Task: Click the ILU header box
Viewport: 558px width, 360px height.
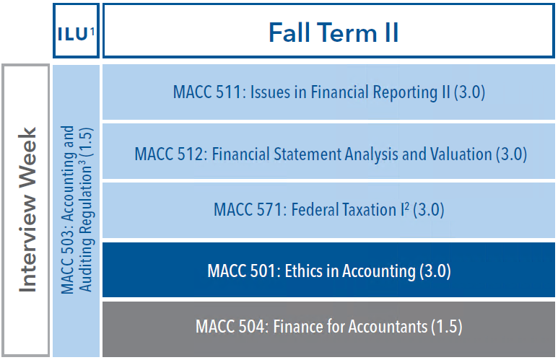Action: pos(76,30)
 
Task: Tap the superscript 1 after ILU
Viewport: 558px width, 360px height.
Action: pos(92,32)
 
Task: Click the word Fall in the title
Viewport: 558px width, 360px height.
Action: pos(289,32)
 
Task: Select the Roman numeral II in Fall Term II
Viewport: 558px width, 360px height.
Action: pos(391,32)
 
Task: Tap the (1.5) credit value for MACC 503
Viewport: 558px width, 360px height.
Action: pos(87,143)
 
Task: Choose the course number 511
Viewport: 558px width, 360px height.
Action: pos(229,92)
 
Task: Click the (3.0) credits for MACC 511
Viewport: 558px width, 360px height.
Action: pos(469,92)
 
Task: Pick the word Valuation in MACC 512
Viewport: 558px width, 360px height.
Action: pos(461,154)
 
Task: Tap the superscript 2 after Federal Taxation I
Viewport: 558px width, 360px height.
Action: pos(406,206)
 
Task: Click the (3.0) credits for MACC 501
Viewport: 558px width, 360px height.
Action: pos(435,271)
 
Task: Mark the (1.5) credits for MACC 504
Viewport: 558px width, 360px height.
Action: pos(447,327)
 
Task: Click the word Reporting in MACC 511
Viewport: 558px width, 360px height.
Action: pos(405,92)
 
